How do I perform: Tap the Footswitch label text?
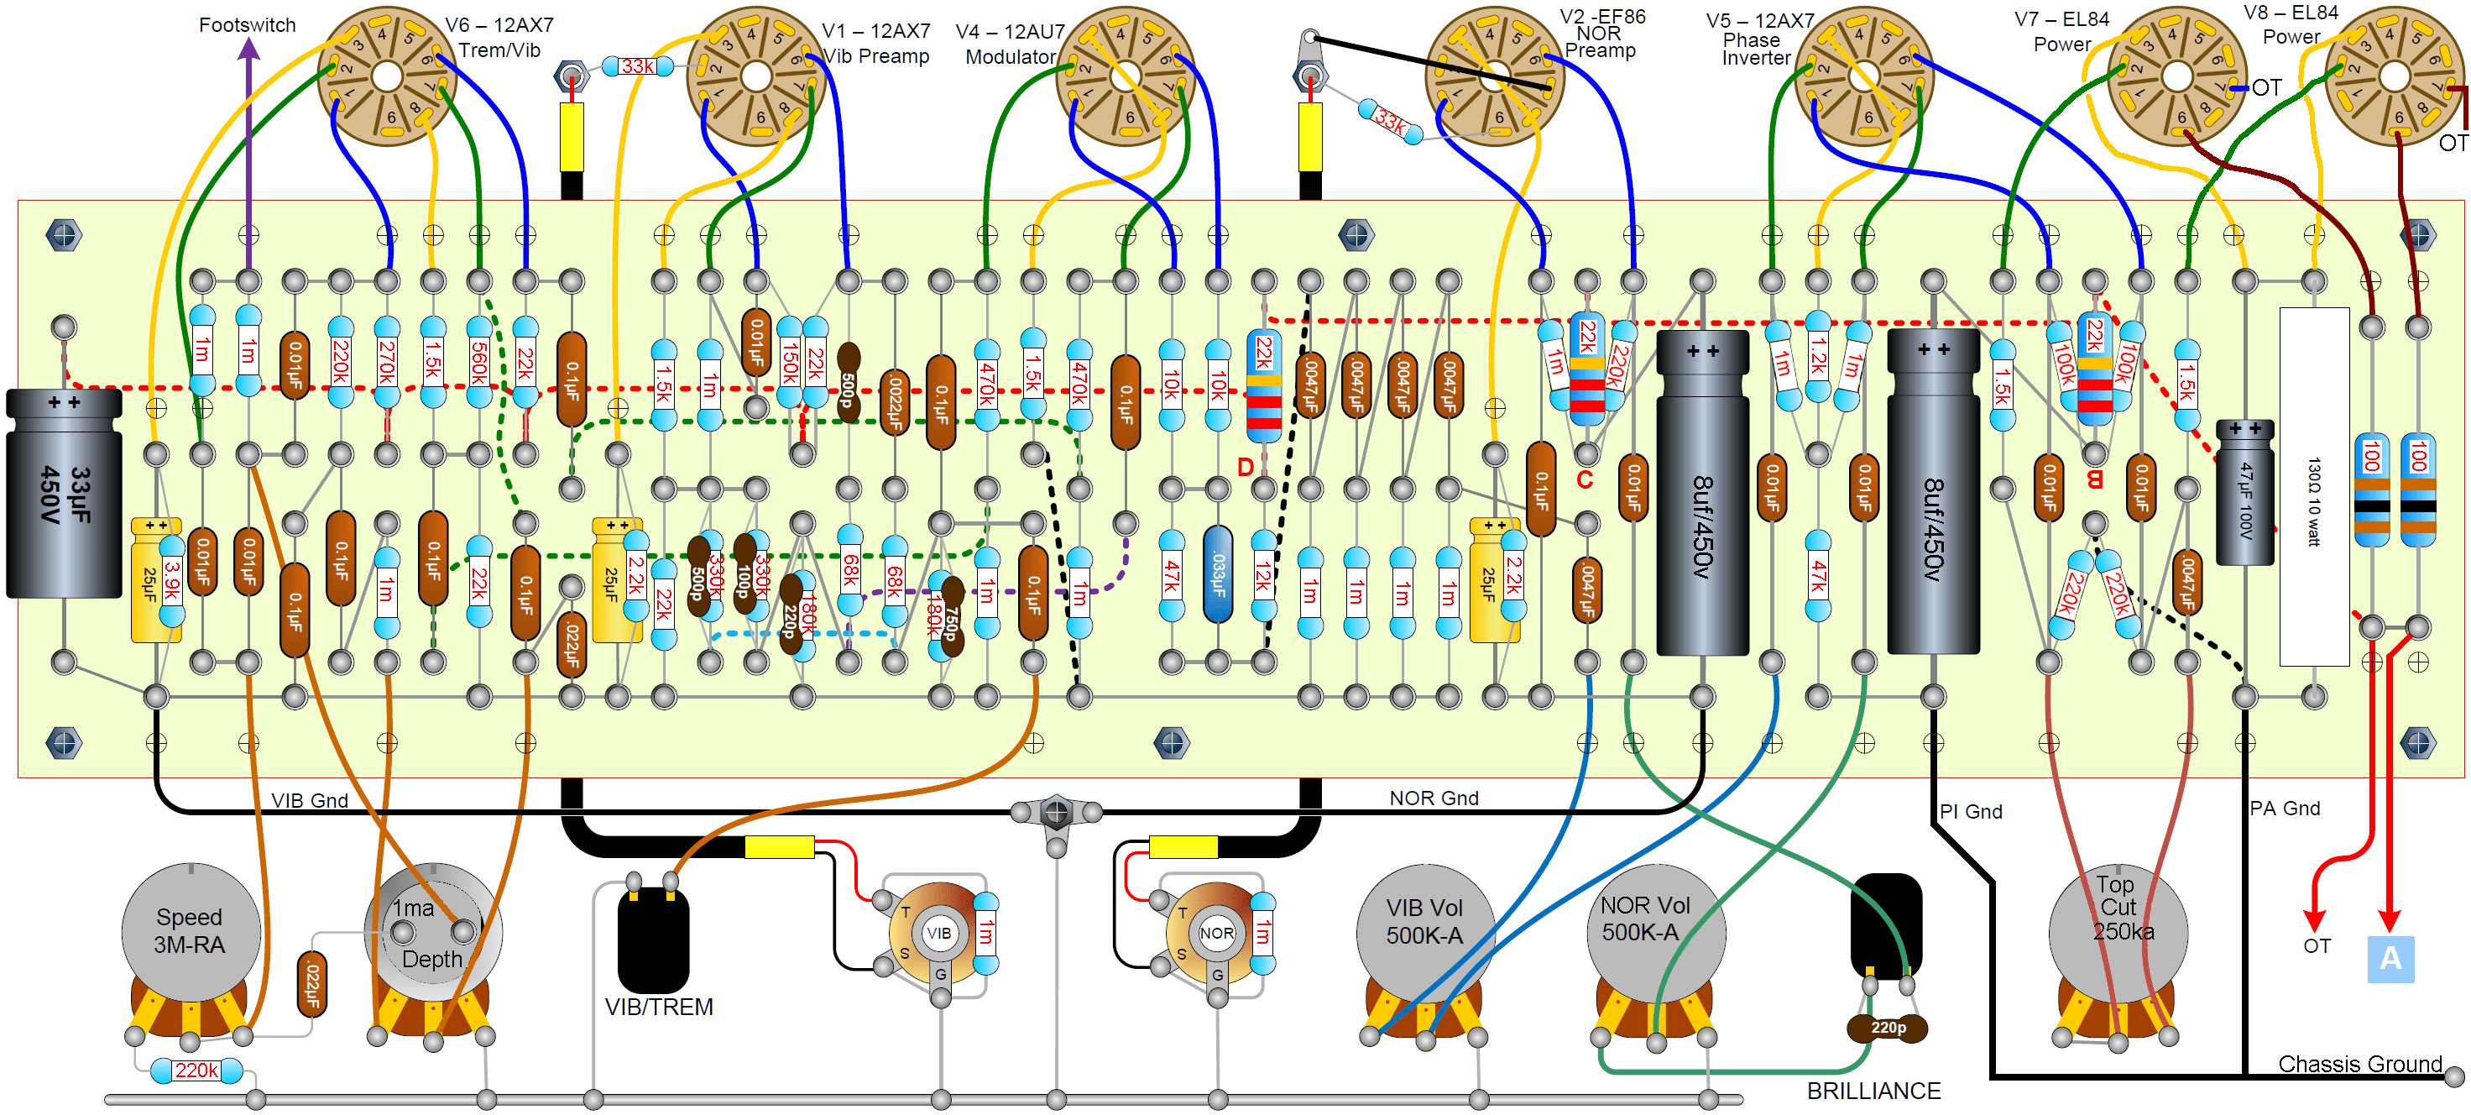click(x=247, y=25)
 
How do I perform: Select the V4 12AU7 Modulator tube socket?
click(x=1124, y=76)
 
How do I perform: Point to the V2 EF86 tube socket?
click(x=1493, y=76)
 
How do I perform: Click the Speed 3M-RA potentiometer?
click(x=190, y=933)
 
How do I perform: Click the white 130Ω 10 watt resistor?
click(x=2314, y=485)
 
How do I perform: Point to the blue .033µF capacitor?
click(x=1217, y=573)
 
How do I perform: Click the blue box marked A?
click(x=2390, y=959)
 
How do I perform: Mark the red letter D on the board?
click(x=1245, y=468)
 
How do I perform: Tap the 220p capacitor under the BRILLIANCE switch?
click(x=1887, y=1028)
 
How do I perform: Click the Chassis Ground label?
click(x=2359, y=1064)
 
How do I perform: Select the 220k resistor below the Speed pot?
click(x=196, y=1070)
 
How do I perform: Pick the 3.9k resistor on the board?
click(x=172, y=580)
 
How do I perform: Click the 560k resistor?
click(x=478, y=363)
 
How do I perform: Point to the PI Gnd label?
click(x=1970, y=812)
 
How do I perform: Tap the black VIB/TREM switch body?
click(x=653, y=940)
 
